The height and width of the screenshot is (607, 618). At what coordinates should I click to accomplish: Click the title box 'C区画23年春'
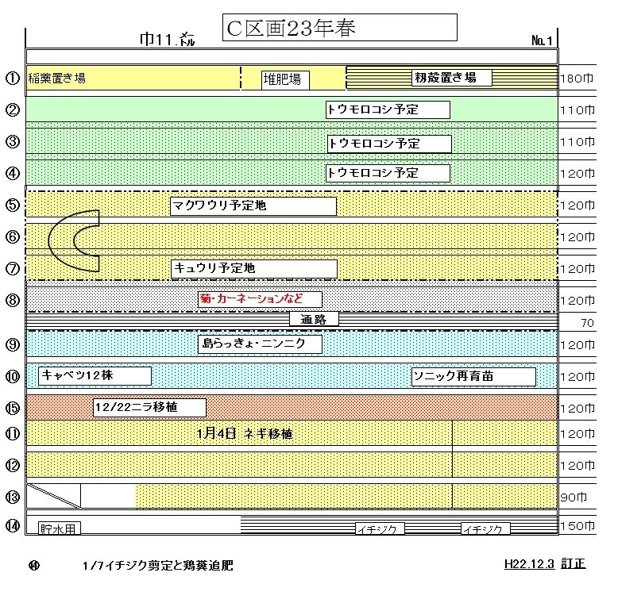(x=340, y=28)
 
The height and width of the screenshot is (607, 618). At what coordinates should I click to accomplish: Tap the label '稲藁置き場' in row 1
(x=56, y=79)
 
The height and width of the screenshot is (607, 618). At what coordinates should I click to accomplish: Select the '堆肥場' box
(x=285, y=80)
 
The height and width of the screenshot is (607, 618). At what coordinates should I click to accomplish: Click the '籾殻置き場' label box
(x=452, y=78)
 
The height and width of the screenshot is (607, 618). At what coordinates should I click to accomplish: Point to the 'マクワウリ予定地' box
(x=253, y=206)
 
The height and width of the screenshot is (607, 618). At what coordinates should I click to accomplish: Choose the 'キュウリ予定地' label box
(x=254, y=269)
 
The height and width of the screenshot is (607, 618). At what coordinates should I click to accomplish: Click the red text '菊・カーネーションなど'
(x=251, y=298)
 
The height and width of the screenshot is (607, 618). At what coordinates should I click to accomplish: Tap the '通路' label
(x=314, y=319)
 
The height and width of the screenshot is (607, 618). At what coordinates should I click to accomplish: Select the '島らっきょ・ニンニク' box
(x=260, y=344)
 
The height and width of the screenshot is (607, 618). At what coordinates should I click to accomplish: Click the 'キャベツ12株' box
(x=95, y=375)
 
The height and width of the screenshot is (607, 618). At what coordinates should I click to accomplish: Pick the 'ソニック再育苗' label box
(x=473, y=377)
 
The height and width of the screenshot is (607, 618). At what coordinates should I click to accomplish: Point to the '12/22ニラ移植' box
(x=150, y=407)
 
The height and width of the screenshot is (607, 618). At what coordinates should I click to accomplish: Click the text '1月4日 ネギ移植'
(x=245, y=434)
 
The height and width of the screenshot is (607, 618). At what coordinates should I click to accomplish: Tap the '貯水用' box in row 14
(x=60, y=528)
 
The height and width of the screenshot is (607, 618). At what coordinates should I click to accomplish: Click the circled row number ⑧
(x=13, y=301)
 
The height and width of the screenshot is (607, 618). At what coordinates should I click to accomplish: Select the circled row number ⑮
(x=13, y=408)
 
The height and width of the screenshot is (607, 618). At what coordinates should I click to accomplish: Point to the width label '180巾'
(x=577, y=79)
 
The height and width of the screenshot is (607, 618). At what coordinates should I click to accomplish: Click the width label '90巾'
(x=574, y=498)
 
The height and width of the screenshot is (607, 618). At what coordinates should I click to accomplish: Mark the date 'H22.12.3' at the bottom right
(x=529, y=564)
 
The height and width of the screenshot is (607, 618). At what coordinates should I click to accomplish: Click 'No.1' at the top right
(x=542, y=40)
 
